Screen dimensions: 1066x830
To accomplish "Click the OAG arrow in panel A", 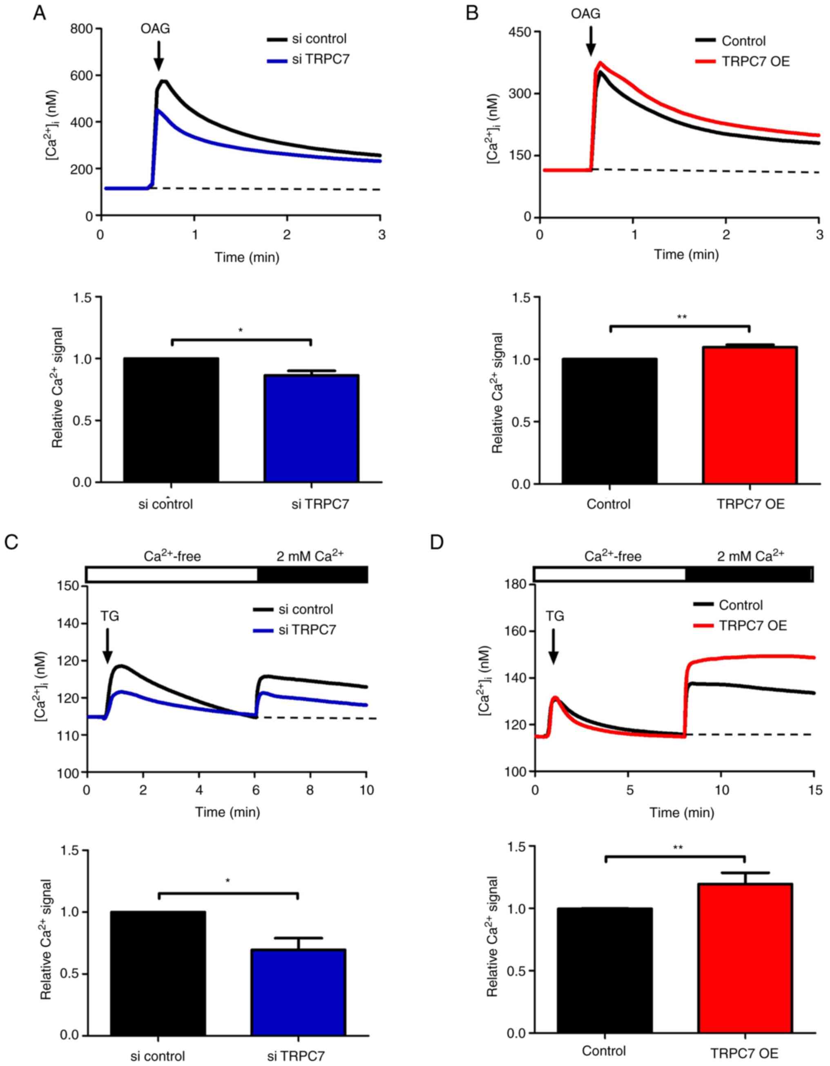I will click(158, 56).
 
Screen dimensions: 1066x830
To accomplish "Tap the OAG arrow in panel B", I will click(591, 40).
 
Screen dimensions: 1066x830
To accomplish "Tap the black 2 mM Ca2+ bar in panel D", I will click(750, 574).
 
